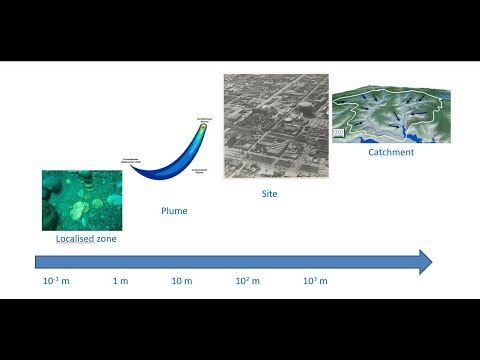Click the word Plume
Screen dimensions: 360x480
coord(174,211)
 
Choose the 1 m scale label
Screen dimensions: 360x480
coord(120,282)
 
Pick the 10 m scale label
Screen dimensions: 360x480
coord(181,282)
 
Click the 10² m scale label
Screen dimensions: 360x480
coord(247,282)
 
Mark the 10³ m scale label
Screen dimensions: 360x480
coord(315,282)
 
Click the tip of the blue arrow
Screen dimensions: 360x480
coord(431,262)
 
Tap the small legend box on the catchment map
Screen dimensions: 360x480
coord(338,132)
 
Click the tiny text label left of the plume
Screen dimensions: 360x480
coord(136,160)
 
